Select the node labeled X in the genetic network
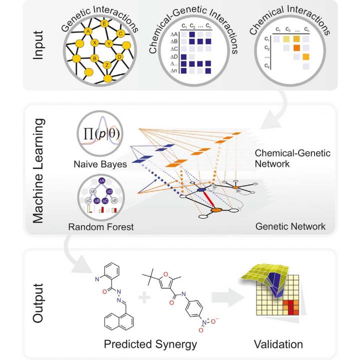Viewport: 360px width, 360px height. pyautogui.click(x=94, y=43)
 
